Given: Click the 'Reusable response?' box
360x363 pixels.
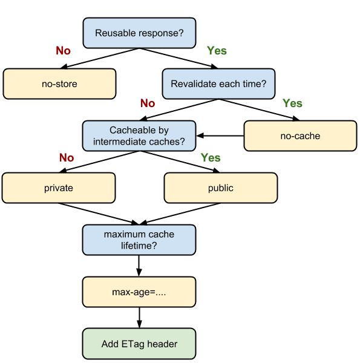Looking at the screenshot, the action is click(139, 33).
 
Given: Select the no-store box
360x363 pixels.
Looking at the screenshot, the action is click(59, 84).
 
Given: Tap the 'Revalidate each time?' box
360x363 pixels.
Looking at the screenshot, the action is click(218, 84).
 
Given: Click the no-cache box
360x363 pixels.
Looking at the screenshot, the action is click(300, 136).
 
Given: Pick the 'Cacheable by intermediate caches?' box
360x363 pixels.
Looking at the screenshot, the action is click(139, 136).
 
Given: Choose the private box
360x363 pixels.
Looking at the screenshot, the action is click(59, 188).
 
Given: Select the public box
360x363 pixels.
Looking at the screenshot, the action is click(221, 188).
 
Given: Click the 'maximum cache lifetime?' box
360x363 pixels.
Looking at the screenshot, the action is click(139, 240).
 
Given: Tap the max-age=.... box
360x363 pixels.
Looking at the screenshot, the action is click(139, 292).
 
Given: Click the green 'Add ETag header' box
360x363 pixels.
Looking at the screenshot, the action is click(139, 344).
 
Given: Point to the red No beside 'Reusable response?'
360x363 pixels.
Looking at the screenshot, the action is click(63, 50).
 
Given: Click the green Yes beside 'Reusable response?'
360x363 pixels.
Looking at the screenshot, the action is click(217, 50).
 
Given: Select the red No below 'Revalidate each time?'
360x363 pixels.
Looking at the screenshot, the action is click(148, 103).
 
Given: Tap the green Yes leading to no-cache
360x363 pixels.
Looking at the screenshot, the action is click(292, 103).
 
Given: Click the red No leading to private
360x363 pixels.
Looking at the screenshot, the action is click(67, 158).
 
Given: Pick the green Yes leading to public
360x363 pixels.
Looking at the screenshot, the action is click(211, 158).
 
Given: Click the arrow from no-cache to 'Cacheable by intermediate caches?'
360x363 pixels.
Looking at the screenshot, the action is click(220, 136).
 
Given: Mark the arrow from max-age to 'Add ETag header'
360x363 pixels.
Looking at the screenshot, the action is click(139, 318).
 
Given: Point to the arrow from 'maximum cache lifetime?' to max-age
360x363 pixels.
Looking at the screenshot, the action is click(139, 266).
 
